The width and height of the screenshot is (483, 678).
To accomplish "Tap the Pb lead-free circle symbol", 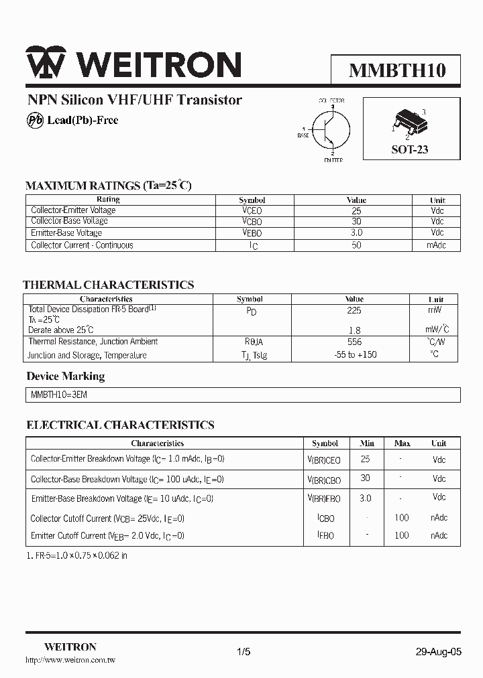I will (x=34, y=120).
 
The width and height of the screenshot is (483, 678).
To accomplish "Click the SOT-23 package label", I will (x=409, y=149).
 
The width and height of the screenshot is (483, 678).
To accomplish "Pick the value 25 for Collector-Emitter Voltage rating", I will (x=356, y=210).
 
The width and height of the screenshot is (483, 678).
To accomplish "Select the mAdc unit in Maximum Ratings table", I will (x=437, y=245).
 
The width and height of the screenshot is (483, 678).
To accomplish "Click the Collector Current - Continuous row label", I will (x=82, y=245).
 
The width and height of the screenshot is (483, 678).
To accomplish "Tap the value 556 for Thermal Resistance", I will (x=354, y=342).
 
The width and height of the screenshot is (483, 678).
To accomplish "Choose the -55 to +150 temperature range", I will (x=354, y=354).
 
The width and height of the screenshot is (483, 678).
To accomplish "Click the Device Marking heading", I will (x=66, y=376).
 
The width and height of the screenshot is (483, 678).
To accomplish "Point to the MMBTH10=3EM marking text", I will (x=59, y=395).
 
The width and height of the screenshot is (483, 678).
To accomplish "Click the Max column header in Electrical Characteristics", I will (x=402, y=444).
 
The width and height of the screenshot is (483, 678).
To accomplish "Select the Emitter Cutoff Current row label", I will (x=107, y=535).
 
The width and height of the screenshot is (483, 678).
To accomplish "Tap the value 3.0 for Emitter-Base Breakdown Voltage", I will (x=366, y=498).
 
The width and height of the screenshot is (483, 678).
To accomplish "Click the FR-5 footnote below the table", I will (x=76, y=555).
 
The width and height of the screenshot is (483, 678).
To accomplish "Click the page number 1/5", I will (x=244, y=651).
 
